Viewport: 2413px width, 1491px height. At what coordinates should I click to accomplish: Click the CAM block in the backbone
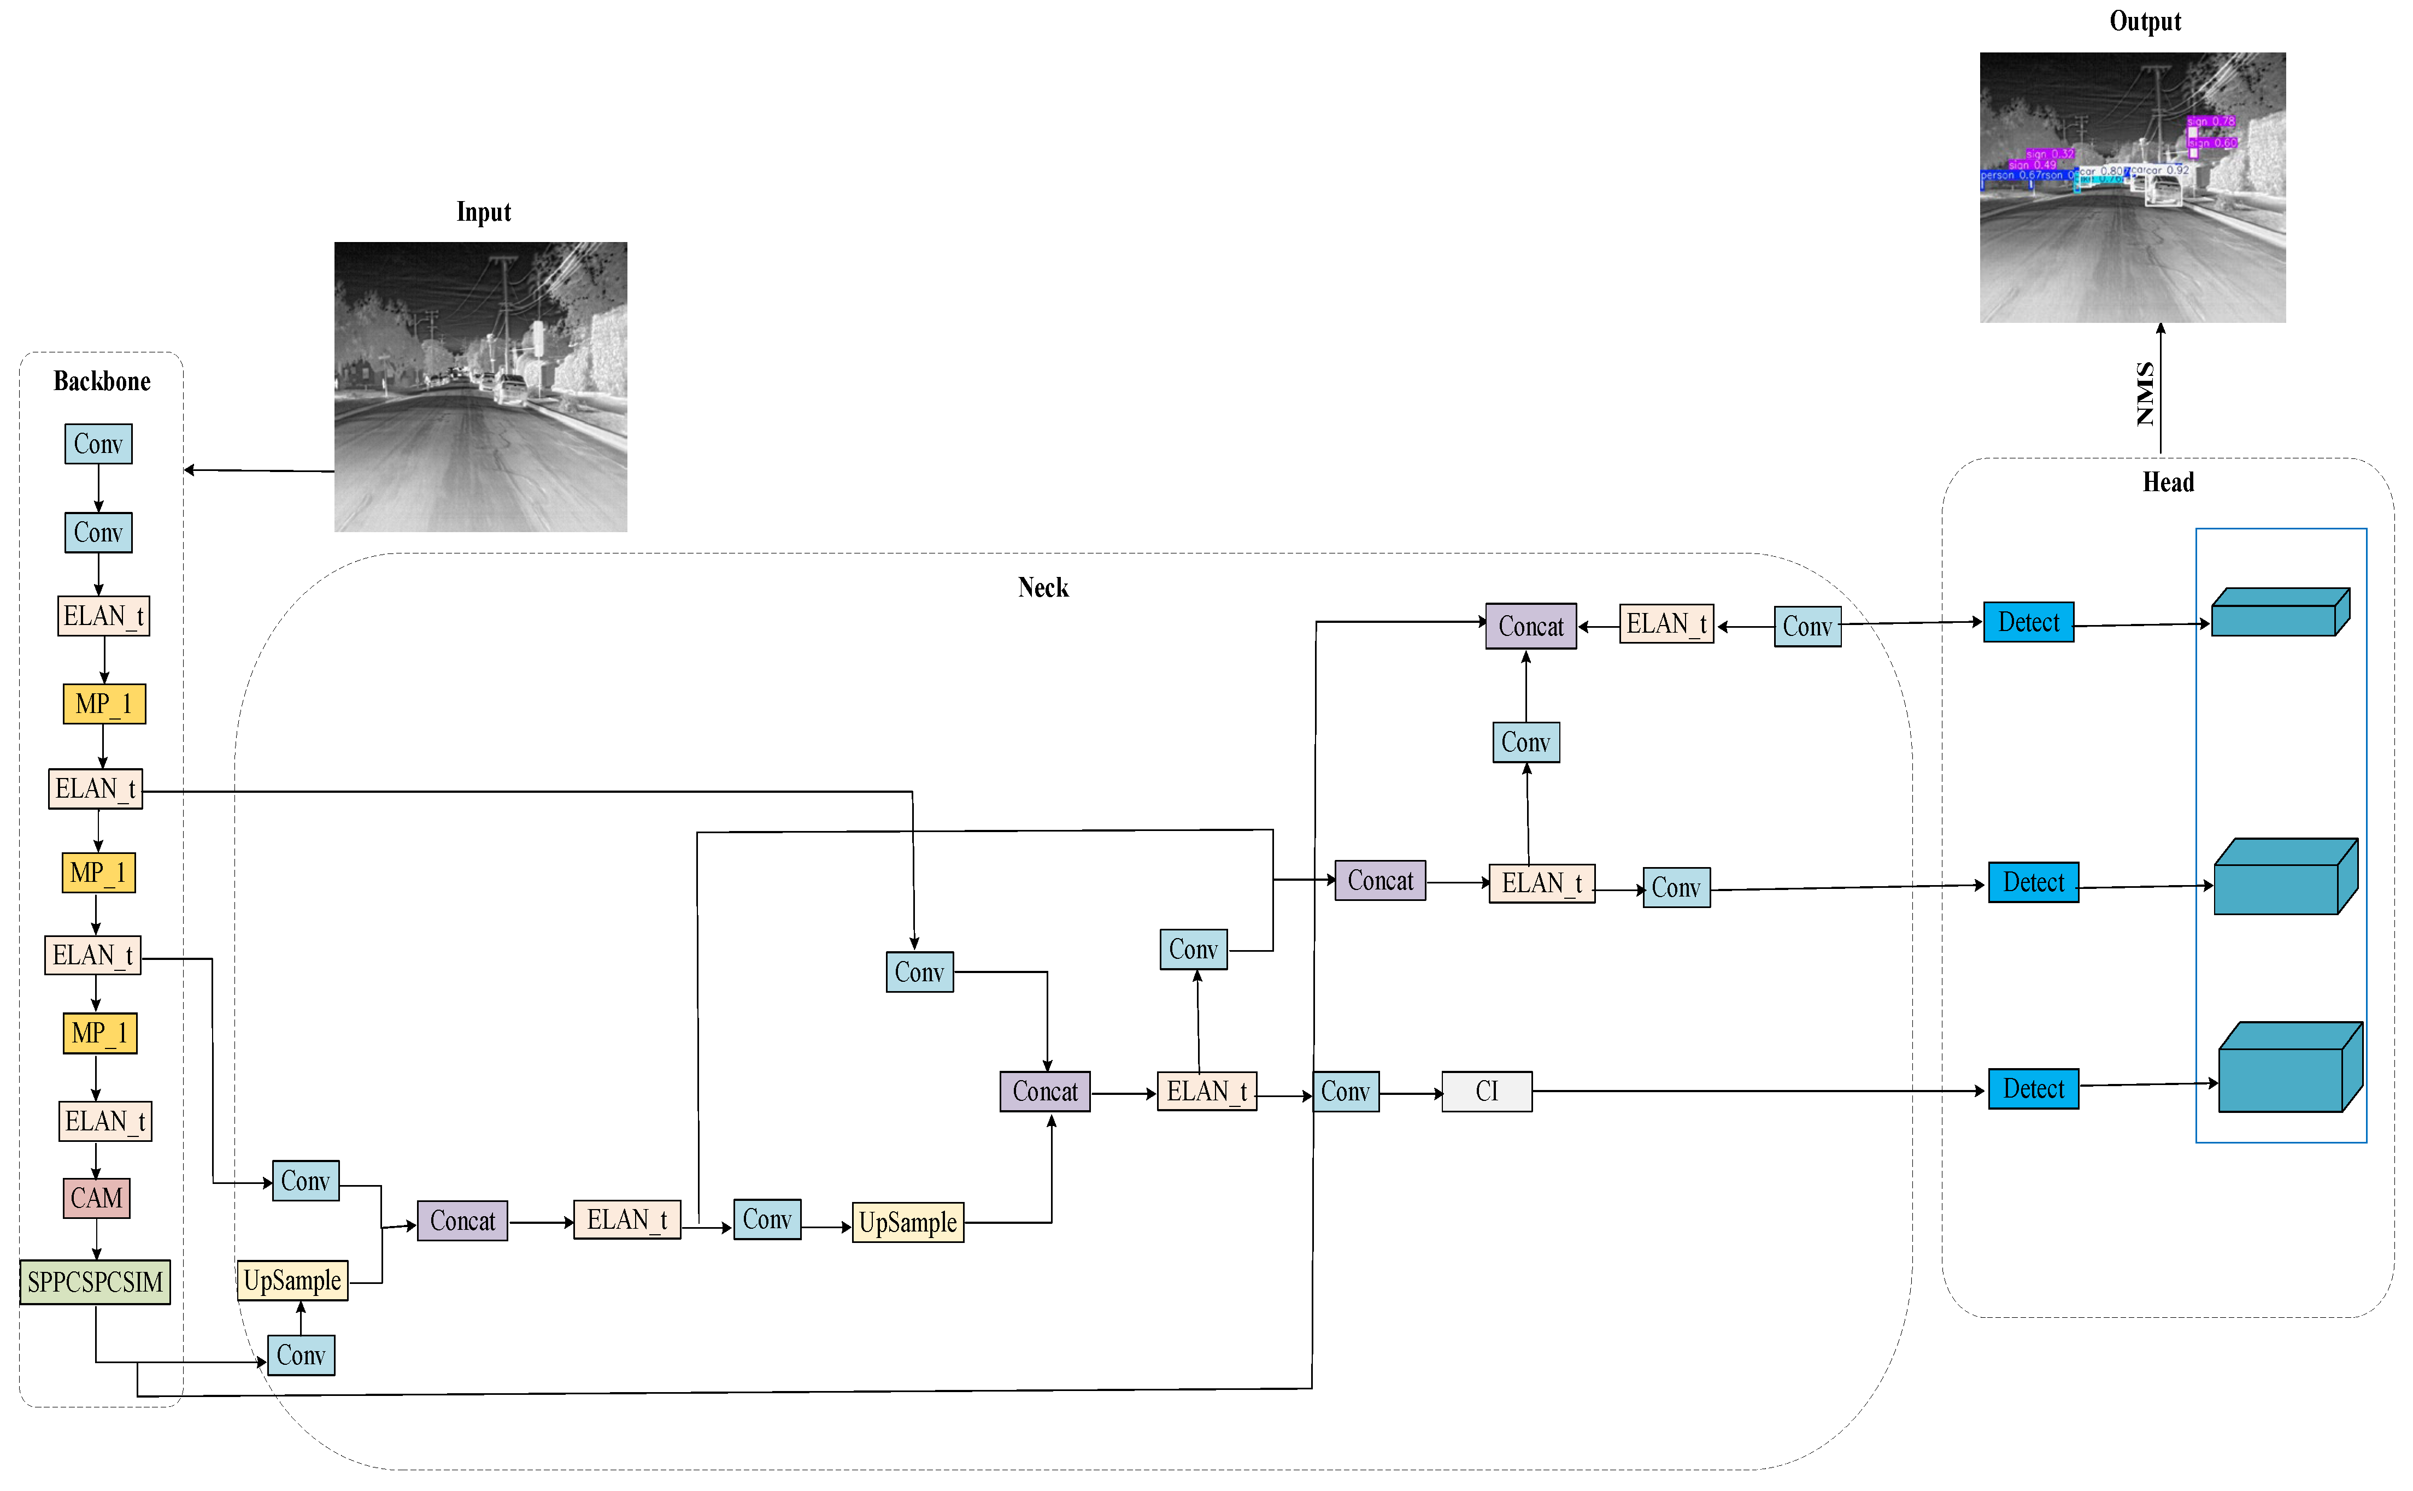(97, 1198)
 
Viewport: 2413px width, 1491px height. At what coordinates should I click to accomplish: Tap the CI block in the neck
(1487, 1092)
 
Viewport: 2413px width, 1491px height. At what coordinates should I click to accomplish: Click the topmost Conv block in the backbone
(98, 444)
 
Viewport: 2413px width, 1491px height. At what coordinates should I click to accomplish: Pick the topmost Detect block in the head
(2028, 622)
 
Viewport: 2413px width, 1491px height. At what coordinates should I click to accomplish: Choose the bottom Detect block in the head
(2033, 1089)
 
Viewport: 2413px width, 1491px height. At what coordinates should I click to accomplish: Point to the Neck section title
(1043, 588)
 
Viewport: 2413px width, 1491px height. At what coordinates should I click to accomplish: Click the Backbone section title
(102, 381)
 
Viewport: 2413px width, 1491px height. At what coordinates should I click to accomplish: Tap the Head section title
(2168, 482)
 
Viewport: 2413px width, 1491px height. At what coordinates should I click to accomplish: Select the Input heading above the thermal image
(483, 212)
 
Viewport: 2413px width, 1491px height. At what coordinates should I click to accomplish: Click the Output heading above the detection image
(2145, 22)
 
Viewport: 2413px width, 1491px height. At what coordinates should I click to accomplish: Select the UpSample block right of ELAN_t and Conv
(908, 1223)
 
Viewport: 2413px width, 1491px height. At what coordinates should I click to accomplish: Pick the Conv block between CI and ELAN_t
(1346, 1092)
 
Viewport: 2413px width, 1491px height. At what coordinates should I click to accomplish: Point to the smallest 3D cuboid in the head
(2280, 612)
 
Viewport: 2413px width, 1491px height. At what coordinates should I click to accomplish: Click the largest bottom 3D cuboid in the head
(2289, 1068)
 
